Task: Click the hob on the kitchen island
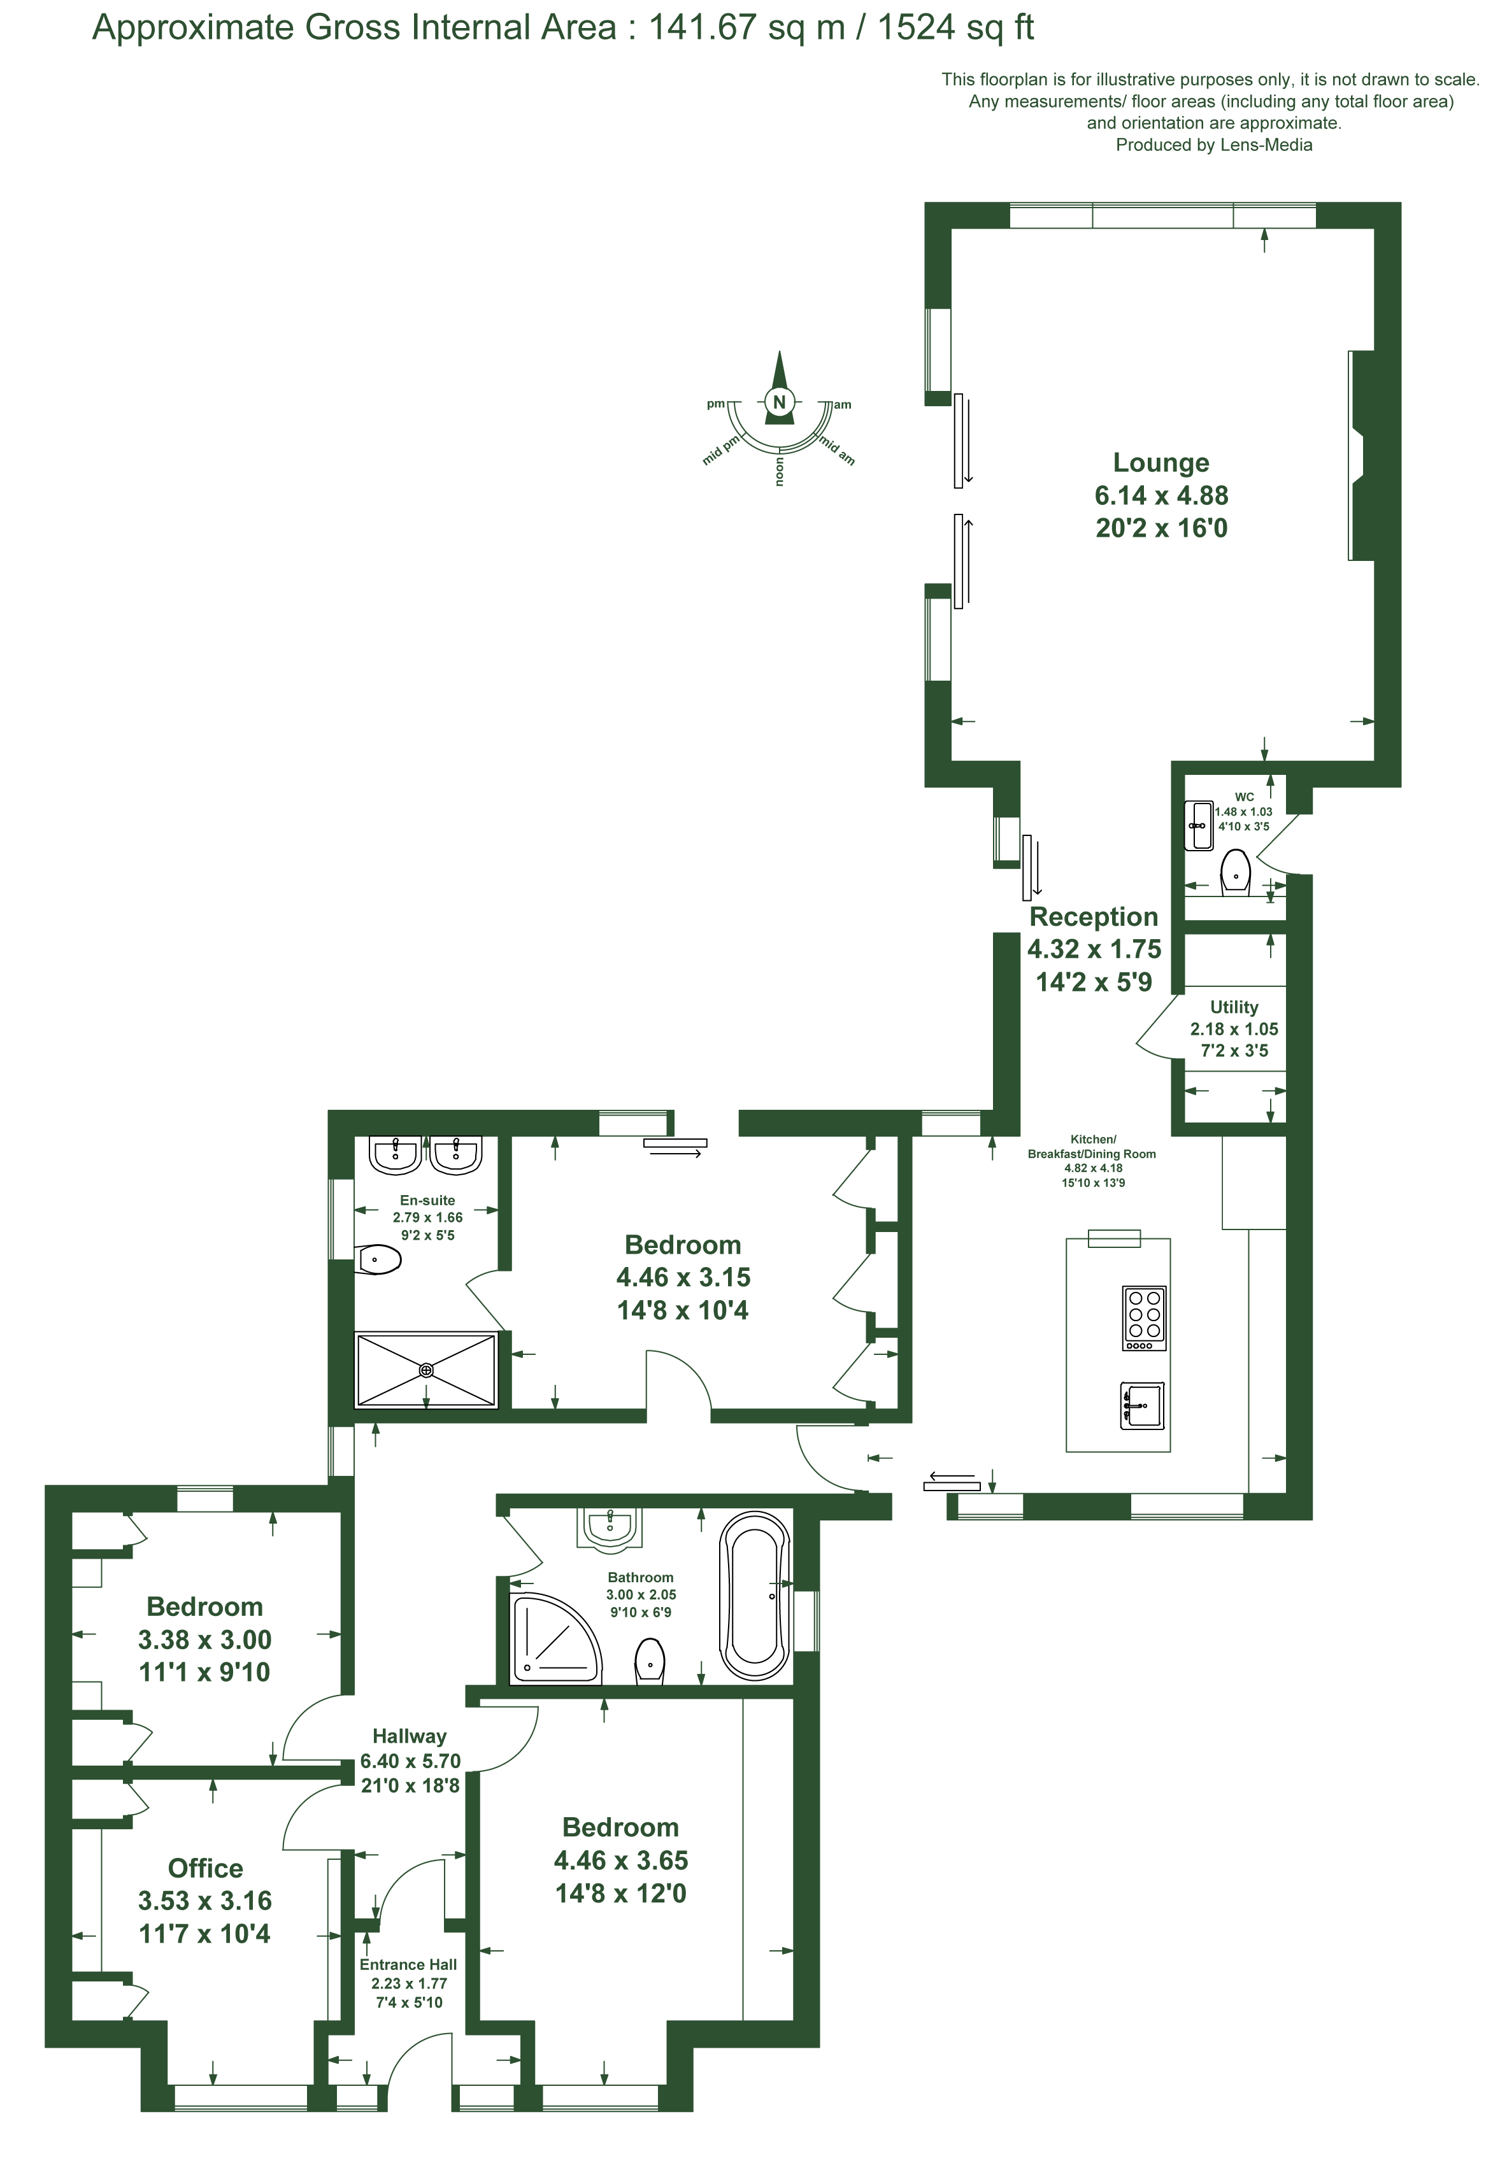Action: point(1144,1319)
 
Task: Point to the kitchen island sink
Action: point(1143,1405)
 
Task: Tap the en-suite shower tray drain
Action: point(426,1370)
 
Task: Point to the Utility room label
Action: point(1234,1007)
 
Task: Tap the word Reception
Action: point(1093,916)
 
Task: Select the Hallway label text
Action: point(409,1737)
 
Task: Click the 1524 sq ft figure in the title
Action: point(955,28)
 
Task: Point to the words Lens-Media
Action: point(1266,145)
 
